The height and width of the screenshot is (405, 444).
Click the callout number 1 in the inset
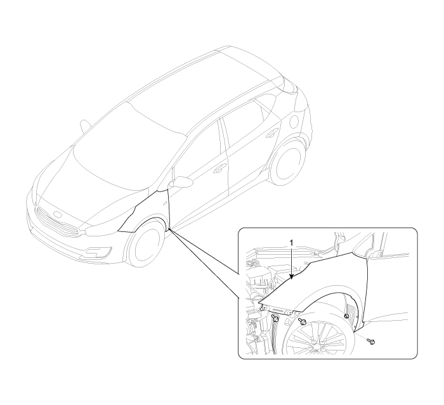pyautogui.click(x=292, y=243)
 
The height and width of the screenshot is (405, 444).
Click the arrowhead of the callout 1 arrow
pyautogui.click(x=292, y=278)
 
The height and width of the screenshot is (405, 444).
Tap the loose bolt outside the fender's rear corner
pyautogui.click(x=371, y=342)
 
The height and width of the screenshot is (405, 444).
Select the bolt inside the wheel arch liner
pyautogui.click(x=346, y=316)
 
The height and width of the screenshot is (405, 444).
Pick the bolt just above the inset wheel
pyautogui.click(x=303, y=321)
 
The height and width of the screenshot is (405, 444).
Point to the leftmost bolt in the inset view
pyautogui.click(x=275, y=318)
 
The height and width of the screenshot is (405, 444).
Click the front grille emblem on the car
pyautogui.click(x=57, y=214)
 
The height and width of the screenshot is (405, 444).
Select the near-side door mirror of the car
pyautogui.click(x=181, y=182)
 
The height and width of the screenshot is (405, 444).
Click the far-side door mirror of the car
pyautogui.click(x=84, y=126)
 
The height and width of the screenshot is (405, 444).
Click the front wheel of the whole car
pyautogui.click(x=146, y=242)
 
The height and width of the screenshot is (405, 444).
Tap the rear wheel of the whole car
pyautogui.click(x=287, y=162)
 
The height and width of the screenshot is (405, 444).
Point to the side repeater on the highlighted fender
pyautogui.click(x=164, y=202)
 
